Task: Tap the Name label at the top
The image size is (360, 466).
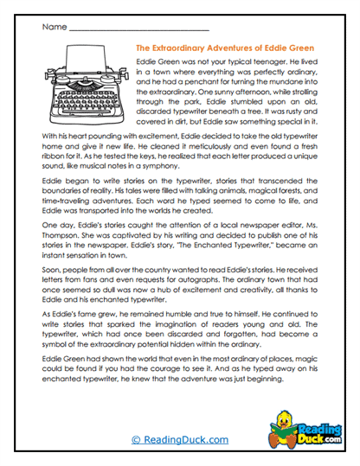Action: (53, 27)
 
